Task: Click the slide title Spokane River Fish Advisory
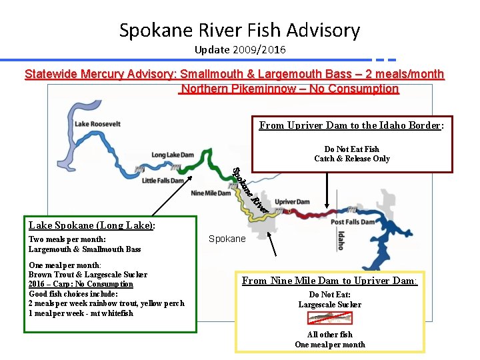(x=239, y=30)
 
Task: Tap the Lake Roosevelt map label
(x=97, y=123)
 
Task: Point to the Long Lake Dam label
(x=168, y=155)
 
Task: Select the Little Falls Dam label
(x=163, y=181)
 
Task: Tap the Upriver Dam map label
(x=292, y=201)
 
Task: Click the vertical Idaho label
(x=341, y=240)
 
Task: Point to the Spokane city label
(x=227, y=239)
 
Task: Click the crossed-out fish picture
(x=330, y=319)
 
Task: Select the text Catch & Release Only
(x=352, y=159)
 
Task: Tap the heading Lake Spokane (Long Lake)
(x=91, y=225)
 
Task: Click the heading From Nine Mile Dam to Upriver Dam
(x=329, y=281)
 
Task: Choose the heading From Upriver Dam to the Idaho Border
(x=351, y=125)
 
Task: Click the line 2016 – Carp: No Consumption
(x=81, y=284)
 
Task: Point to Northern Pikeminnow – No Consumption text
(x=289, y=89)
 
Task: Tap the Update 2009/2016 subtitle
(x=239, y=50)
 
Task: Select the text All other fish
(x=329, y=335)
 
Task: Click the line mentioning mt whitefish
(x=81, y=313)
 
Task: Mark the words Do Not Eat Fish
(x=351, y=149)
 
